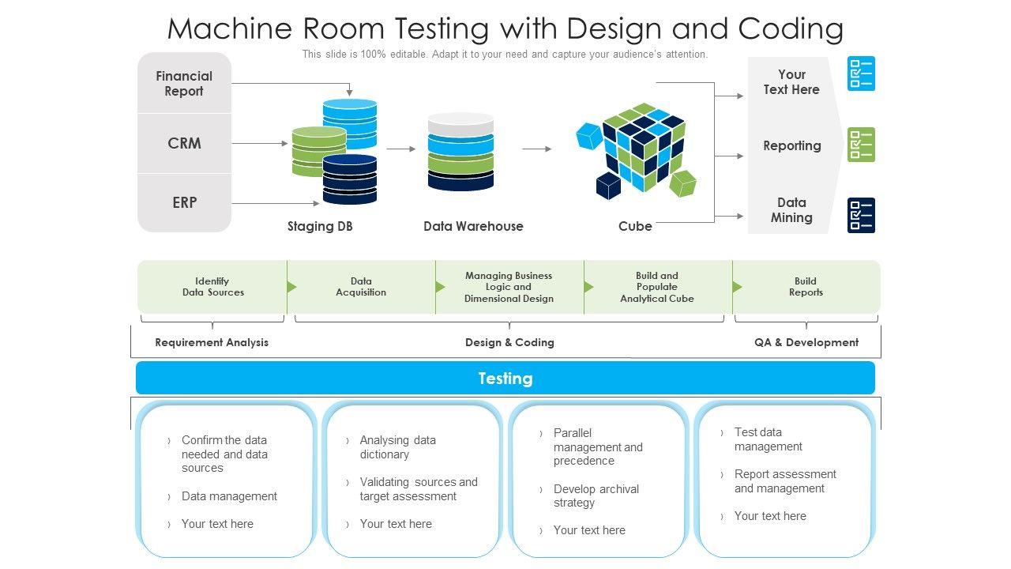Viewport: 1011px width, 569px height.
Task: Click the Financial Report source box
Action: tap(184, 84)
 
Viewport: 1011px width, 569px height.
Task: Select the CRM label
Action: tap(184, 143)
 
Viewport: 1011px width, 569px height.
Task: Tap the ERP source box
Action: tap(184, 202)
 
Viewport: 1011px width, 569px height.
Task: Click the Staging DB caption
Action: tap(320, 226)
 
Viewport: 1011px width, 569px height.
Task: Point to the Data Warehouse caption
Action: tap(473, 226)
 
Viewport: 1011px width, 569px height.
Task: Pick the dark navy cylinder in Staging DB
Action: tap(350, 179)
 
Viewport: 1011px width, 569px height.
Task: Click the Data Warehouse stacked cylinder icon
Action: tap(460, 152)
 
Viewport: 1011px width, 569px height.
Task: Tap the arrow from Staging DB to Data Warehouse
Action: tap(400, 149)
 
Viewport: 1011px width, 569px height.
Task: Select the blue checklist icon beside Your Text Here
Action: tap(861, 73)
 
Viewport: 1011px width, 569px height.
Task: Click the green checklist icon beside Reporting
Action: tap(861, 145)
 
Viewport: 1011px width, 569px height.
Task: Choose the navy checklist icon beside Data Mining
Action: tap(861, 215)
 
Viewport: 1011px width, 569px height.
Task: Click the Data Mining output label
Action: tap(791, 210)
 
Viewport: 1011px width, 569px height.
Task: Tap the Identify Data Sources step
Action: tap(212, 287)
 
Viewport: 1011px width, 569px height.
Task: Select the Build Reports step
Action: tap(806, 287)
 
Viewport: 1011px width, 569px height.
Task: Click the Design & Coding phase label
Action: tap(509, 342)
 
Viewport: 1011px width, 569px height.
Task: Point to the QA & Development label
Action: tap(806, 342)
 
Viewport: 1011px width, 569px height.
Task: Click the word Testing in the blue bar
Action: tap(505, 379)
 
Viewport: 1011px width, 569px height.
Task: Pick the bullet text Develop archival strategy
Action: tap(596, 496)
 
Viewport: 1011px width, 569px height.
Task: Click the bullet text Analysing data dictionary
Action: tap(397, 447)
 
